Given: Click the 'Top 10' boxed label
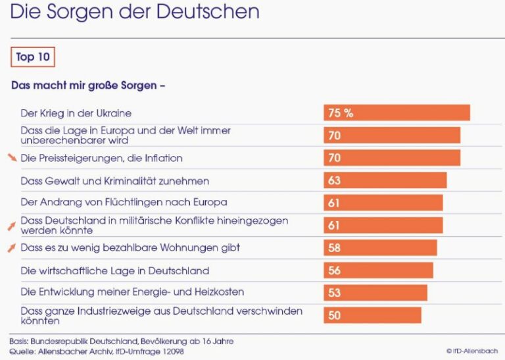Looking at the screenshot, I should coord(33,57).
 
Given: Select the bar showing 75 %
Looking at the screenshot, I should coord(397,113).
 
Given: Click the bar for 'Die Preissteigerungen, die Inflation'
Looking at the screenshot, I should coord(392,158).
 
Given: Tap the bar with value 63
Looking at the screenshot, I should coord(385,180).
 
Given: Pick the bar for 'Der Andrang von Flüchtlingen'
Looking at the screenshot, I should coord(383,203).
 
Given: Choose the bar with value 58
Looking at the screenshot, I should coord(380,247).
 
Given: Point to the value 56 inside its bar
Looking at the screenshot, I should coord(335,270).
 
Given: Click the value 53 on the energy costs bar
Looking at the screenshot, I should coord(335,293).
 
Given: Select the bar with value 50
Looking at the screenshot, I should coord(372,315).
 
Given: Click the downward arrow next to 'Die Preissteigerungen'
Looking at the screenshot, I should coord(12,158).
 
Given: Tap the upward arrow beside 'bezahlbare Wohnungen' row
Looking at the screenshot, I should coord(11,247).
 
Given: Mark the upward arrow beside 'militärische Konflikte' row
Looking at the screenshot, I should coord(11,226).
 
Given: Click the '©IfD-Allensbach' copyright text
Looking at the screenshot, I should coord(471,351).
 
